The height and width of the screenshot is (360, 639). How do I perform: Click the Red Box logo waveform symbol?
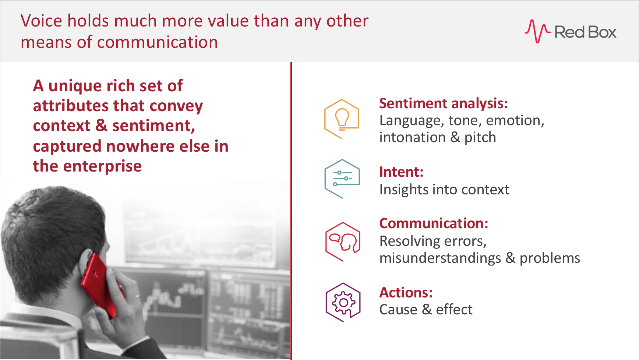pyautogui.click(x=537, y=31)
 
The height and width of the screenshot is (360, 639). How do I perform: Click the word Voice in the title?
pyautogui.click(x=41, y=21)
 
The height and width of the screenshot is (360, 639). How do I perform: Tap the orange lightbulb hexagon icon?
pyautogui.click(x=342, y=119)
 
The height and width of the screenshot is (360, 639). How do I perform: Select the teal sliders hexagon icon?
pyautogui.click(x=342, y=179)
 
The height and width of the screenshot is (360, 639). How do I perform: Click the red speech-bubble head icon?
pyautogui.click(x=343, y=241)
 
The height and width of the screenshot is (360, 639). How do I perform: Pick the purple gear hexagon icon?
pyautogui.click(x=343, y=302)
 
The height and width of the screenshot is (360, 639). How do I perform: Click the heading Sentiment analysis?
pyautogui.click(x=443, y=103)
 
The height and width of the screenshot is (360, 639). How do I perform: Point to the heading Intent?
pyautogui.click(x=401, y=172)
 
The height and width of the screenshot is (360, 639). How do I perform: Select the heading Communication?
pyautogui.click(x=434, y=223)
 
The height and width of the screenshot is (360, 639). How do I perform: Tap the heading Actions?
pyautogui.click(x=406, y=293)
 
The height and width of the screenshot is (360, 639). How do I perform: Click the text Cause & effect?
pyautogui.click(x=426, y=310)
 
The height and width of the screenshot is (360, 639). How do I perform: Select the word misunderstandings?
pyautogui.click(x=440, y=258)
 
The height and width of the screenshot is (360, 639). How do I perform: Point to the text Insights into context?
pyautogui.click(x=444, y=190)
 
